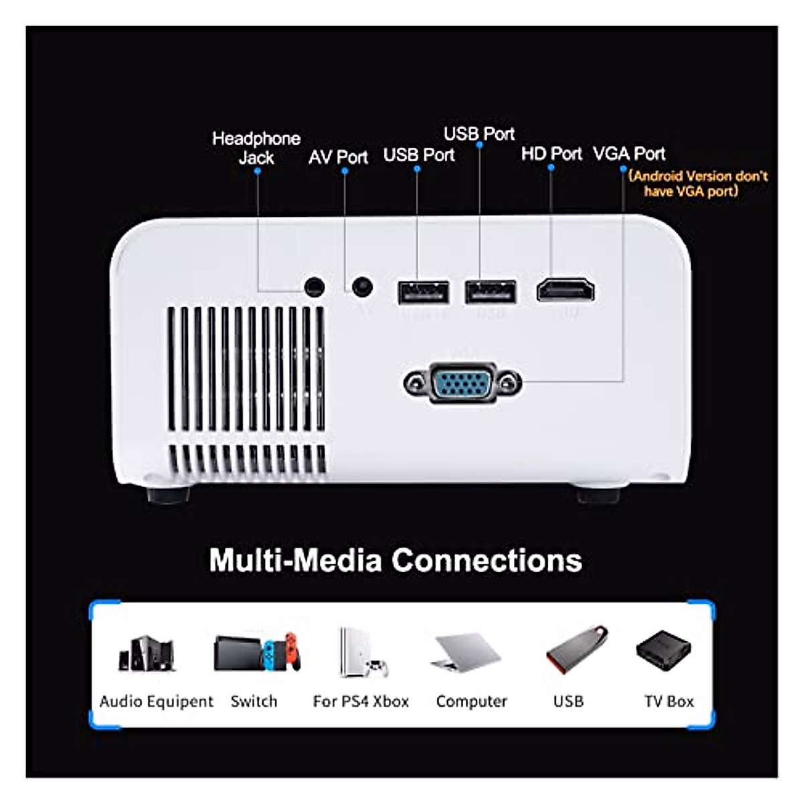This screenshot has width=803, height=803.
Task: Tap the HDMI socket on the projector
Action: coord(565,290)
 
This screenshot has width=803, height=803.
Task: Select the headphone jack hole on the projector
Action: coord(314,288)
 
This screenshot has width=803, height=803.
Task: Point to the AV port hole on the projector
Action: coord(362,287)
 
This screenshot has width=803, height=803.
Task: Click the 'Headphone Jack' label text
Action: coord(256,148)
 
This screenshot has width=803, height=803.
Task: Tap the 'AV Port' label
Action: coord(338,157)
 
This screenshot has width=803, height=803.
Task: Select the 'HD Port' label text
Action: coord(551,154)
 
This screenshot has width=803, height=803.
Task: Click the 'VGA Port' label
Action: coord(629,154)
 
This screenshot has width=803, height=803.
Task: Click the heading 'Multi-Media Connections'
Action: coord(395,560)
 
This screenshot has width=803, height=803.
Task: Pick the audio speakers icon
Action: coord(147,653)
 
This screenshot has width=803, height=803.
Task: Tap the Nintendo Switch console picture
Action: coord(257,652)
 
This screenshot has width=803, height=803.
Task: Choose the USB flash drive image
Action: coord(576,649)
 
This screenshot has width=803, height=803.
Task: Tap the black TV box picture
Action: coord(663,650)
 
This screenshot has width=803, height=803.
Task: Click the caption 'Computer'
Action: coord(471,701)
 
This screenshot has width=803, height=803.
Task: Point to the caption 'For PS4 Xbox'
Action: coord(361,701)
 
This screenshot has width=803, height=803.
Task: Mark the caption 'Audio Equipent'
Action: coord(156,701)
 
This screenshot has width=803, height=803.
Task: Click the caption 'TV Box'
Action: coord(668,701)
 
